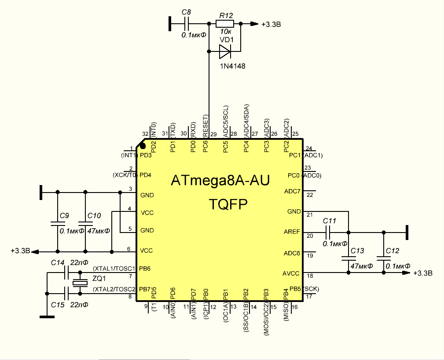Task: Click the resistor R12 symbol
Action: point(224,24)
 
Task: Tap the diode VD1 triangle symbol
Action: point(225,52)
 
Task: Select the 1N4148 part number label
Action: point(233,66)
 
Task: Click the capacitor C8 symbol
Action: point(187,24)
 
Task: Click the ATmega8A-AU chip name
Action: point(220,181)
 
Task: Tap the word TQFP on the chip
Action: point(228,204)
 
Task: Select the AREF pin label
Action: point(291,232)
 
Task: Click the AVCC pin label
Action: point(291,273)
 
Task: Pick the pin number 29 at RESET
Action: point(213,134)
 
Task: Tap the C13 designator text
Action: point(357,251)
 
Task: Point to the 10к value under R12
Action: point(226,32)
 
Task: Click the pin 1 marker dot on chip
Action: point(143,145)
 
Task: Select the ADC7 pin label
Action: point(292,192)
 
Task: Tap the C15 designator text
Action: point(58,305)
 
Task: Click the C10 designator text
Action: point(94,216)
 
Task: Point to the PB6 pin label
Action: point(145,268)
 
